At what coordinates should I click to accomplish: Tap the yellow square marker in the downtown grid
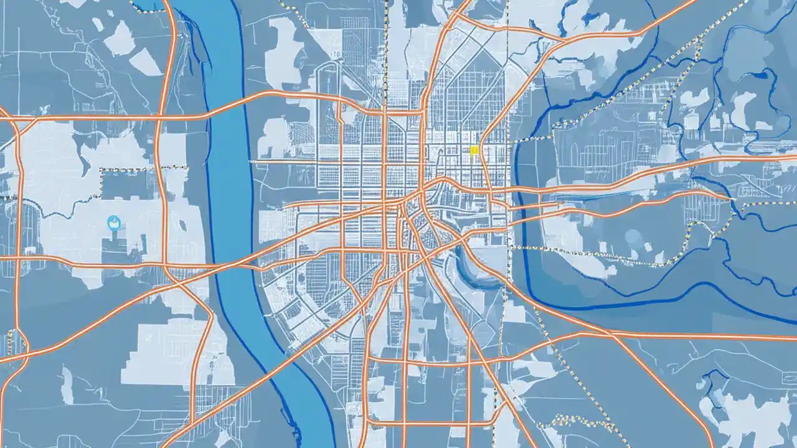pyautogui.click(x=474, y=149)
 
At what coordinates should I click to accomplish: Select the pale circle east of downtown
pyautogui.click(x=633, y=236)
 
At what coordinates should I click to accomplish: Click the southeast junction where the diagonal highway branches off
pyautogui.click(x=613, y=336)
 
